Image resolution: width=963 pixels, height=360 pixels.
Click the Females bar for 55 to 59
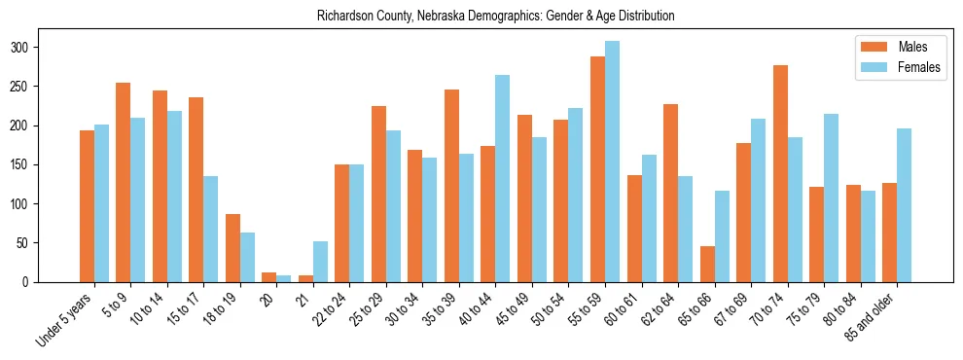[612, 162]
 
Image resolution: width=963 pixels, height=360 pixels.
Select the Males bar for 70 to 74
[780, 173]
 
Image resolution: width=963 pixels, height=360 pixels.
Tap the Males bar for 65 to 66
[707, 264]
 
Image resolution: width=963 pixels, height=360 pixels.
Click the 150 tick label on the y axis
[28, 164]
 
